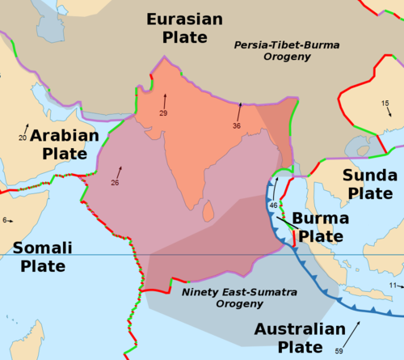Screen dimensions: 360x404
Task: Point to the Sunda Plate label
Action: coord(368,184)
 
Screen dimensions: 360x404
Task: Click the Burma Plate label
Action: coord(320,227)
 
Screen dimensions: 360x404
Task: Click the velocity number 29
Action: coord(163,112)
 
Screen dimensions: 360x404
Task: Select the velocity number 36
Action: coord(237,126)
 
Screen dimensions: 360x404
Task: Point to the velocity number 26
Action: coord(115,183)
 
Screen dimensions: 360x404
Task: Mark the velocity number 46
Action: coord(273,205)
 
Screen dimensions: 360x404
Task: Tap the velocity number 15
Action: coord(385,103)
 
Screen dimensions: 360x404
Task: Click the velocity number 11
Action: coord(393,286)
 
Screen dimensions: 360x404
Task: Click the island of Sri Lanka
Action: coord(208,210)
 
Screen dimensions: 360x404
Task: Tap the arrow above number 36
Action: coord(239,110)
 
